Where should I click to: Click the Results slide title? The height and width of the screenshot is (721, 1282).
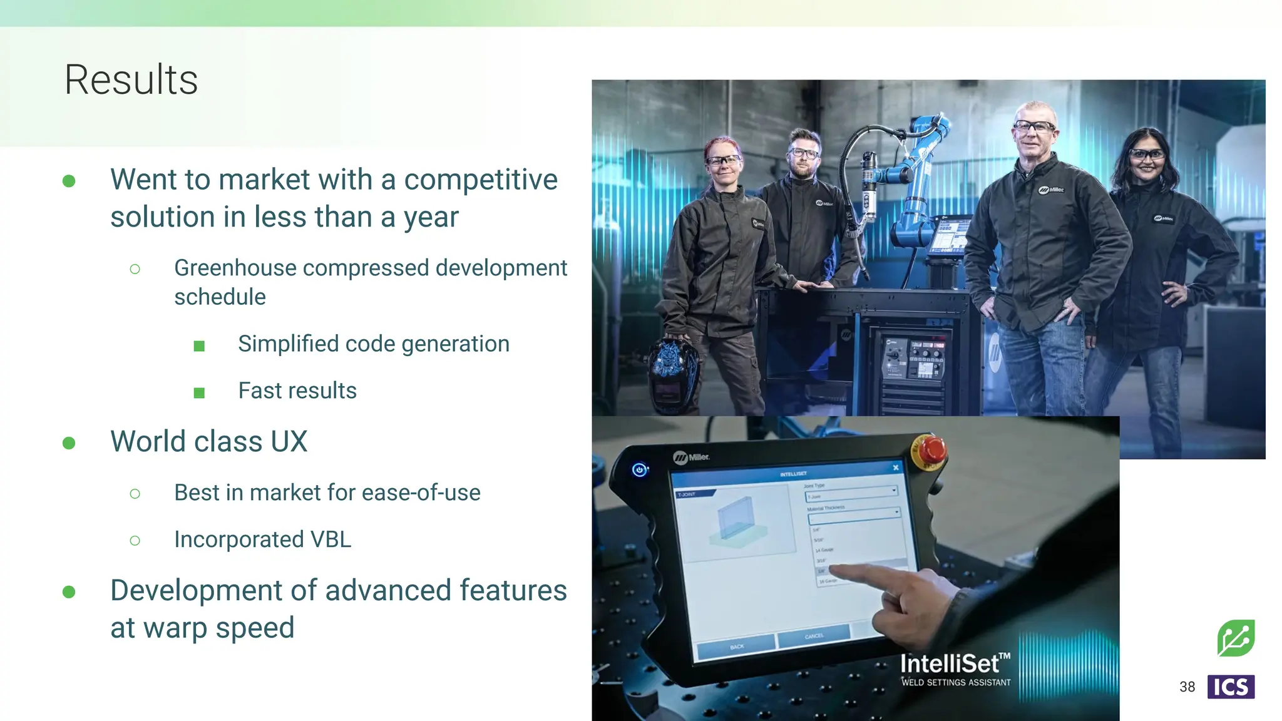131,80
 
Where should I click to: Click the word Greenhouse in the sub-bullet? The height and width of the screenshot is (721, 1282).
235,268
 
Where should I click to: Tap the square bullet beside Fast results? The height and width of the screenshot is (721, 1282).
199,393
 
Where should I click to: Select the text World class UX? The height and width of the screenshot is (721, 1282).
208,441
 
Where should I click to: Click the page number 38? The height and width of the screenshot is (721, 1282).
1187,687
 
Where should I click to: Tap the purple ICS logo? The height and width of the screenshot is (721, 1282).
1230,687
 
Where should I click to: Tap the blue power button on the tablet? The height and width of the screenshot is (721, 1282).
639,469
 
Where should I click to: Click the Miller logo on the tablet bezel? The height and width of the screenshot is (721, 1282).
691,458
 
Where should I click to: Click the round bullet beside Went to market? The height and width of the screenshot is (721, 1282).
69,181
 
